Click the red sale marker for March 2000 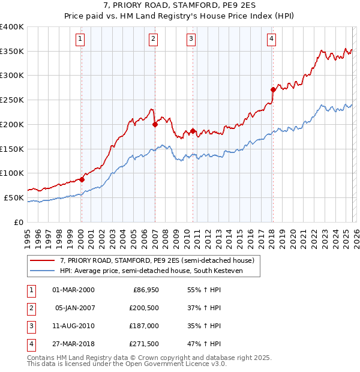click(x=82, y=179)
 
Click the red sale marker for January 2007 click(x=155, y=125)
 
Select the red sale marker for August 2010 click(x=193, y=131)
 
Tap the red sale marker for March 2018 click(x=273, y=90)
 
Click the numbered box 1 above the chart click(x=80, y=40)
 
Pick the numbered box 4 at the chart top click(x=272, y=40)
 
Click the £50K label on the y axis click(x=14, y=197)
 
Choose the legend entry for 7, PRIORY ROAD click(x=157, y=260)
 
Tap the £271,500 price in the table click(x=143, y=344)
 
